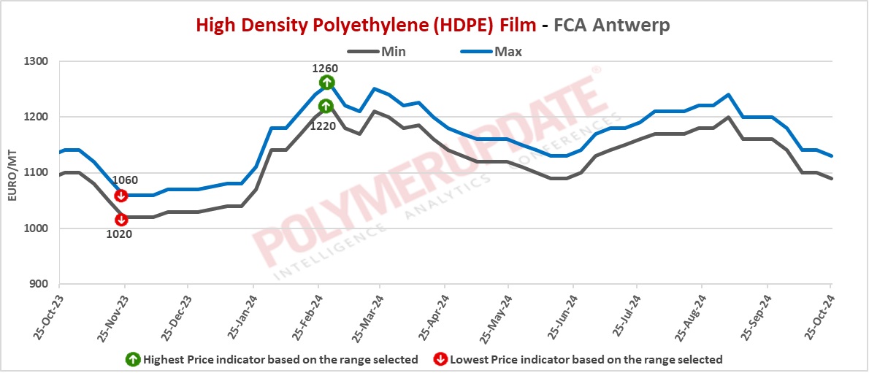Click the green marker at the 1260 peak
point(326,82)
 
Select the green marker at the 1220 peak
point(326,107)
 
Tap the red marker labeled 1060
point(122,196)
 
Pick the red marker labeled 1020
point(122,219)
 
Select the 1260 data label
point(325,69)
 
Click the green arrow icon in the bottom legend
point(133,359)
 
